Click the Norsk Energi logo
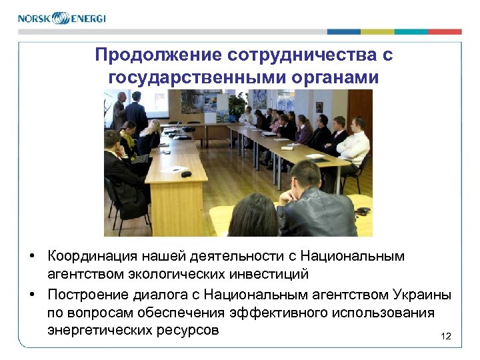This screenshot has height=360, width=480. click(61, 18)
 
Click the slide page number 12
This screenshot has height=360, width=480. click(446, 337)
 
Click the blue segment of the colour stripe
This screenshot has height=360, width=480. click(343, 32)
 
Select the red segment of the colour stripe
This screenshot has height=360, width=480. click(445, 32)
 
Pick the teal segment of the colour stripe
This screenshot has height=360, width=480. click(411, 32)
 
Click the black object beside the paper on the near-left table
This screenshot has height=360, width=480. click(186, 174)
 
